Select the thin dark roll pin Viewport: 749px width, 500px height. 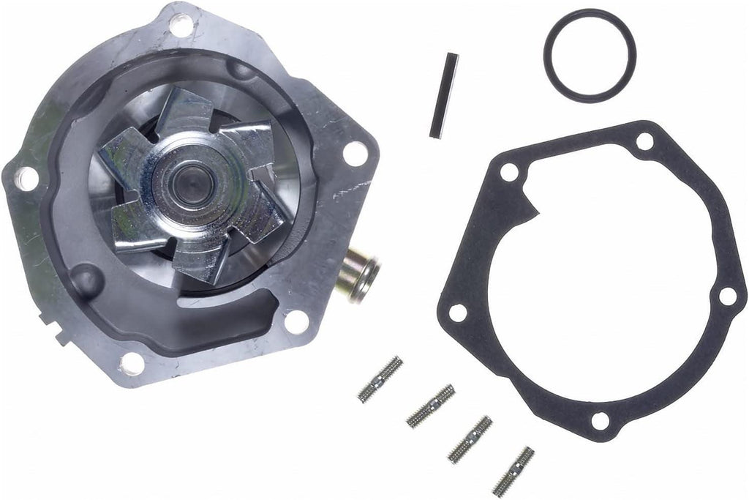click(443, 95)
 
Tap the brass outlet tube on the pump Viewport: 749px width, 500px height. click(359, 274)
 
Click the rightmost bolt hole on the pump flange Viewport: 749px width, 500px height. click(355, 153)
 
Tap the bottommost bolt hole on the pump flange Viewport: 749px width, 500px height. click(132, 362)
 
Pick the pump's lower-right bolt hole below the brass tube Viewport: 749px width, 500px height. click(296, 321)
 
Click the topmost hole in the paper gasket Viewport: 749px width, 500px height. click(644, 141)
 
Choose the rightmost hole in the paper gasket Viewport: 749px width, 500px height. click(727, 296)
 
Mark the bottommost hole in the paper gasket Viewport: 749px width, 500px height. click(600, 420)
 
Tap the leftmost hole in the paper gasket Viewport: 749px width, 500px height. click(457, 313)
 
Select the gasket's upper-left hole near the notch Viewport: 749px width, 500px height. click(509, 173)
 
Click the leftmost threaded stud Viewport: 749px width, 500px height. click(380, 378)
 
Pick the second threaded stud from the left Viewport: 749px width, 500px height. click(430, 406)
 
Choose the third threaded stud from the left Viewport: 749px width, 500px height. click(470, 439)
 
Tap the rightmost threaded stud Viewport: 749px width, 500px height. click(513, 470)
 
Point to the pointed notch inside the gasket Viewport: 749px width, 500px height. click(538, 212)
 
